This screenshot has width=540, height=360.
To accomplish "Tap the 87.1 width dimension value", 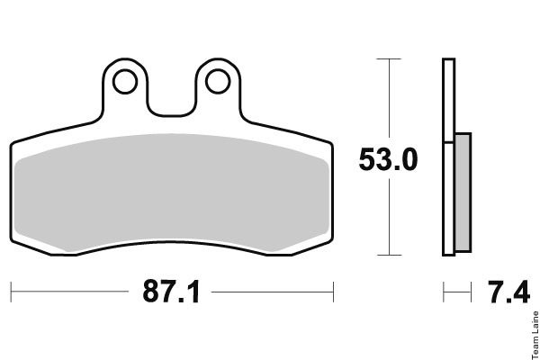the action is click(x=171, y=292).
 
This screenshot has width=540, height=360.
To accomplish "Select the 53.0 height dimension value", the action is click(x=388, y=159).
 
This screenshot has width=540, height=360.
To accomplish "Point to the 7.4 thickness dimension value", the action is click(x=508, y=292).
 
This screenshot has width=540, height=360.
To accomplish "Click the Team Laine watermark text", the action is click(x=535, y=335).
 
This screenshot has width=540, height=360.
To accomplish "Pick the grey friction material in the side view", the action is click(x=463, y=193).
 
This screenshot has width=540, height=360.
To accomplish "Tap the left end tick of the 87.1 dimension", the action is click(x=11, y=292).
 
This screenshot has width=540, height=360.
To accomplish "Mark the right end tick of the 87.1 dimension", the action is click(x=333, y=292).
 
